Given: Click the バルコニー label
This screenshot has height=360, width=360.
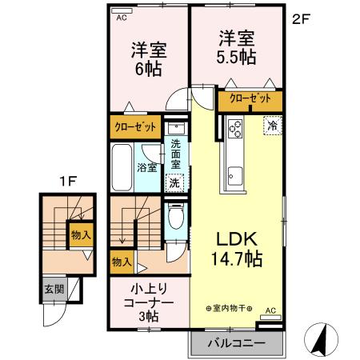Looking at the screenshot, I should [238, 345].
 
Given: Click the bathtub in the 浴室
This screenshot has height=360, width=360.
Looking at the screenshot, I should [123, 168].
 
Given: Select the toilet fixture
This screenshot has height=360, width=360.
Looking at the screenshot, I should [176, 218].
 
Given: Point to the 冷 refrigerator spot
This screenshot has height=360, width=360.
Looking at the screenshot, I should [273, 126].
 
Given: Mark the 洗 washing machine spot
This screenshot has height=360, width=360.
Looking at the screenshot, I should [174, 182].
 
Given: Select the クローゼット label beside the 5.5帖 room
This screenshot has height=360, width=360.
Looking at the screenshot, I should [249, 100].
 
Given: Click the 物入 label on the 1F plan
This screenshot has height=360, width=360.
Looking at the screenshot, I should [80, 234].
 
